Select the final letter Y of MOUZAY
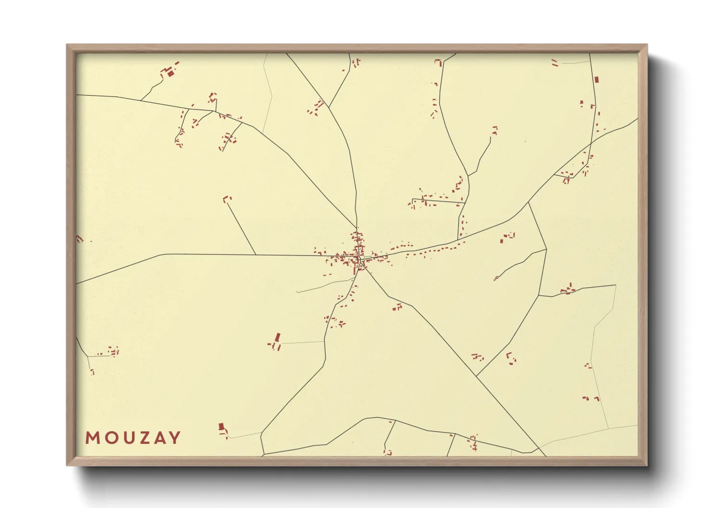click(x=175, y=438)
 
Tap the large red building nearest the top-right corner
click(x=597, y=80)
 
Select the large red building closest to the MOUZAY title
click(x=221, y=426)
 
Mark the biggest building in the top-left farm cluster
click(x=170, y=73)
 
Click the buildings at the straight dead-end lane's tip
click(x=226, y=198)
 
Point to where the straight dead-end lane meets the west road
click(x=256, y=254)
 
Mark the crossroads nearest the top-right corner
click(x=591, y=143)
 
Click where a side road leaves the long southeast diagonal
click(x=476, y=375)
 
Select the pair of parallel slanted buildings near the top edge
click(x=555, y=63)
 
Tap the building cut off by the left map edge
click(x=79, y=239)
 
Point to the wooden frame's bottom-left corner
click(x=67, y=465)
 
